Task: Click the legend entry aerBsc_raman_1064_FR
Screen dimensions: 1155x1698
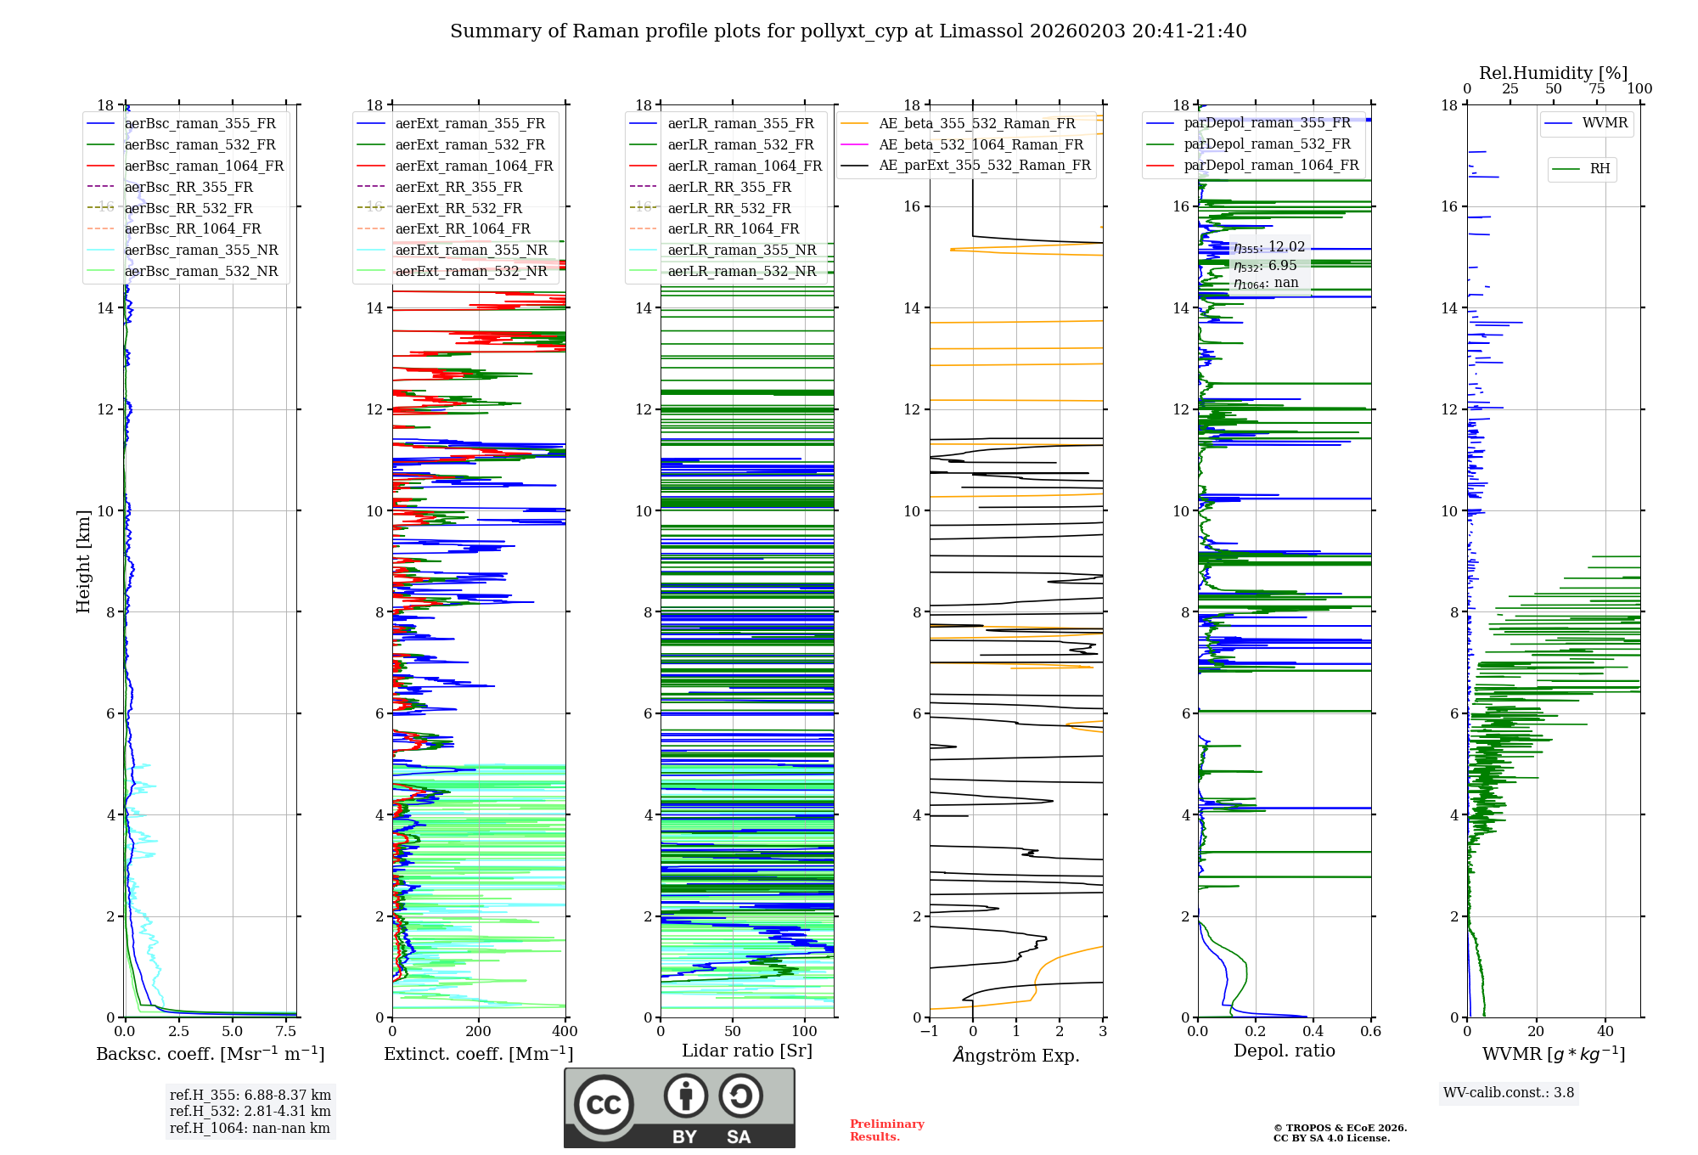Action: pos(204,166)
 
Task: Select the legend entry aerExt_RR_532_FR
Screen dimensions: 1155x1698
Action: pos(458,208)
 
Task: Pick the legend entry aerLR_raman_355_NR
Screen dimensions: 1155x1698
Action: pos(741,251)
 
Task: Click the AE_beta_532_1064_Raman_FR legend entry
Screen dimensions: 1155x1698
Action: pos(981,145)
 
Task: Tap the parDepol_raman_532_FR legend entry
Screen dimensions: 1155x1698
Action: pos(1267,144)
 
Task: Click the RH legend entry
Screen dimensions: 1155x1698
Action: pos(1600,169)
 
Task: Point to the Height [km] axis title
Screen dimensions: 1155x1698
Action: pos(83,561)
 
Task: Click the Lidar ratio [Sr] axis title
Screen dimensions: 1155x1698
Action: pos(747,1051)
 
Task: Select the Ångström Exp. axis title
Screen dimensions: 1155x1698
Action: pos(1016,1056)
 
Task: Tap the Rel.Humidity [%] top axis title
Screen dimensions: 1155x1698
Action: pos(1553,73)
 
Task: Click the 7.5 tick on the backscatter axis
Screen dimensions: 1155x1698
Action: pos(286,1032)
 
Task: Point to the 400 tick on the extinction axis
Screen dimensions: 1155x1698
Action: pos(565,1032)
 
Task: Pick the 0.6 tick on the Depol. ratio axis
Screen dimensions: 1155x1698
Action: pos(1370,1032)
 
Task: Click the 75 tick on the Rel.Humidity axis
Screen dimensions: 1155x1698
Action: pos(1597,89)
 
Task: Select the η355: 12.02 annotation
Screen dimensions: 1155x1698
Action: pos(1269,247)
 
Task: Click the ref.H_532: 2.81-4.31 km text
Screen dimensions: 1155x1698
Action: pos(250,1111)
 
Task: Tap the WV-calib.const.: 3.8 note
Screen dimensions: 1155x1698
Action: pos(1509,1093)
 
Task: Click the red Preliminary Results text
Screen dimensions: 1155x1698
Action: pos(886,1130)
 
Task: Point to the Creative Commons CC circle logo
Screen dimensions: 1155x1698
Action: pos(604,1105)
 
